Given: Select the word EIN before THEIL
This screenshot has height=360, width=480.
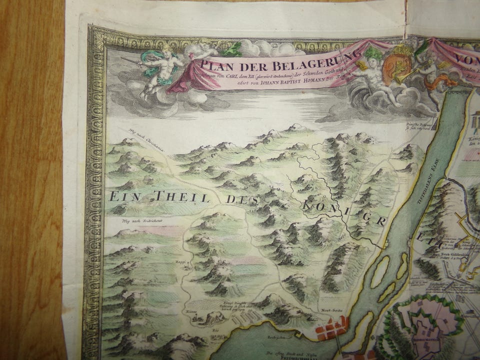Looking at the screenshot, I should [125, 195].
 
